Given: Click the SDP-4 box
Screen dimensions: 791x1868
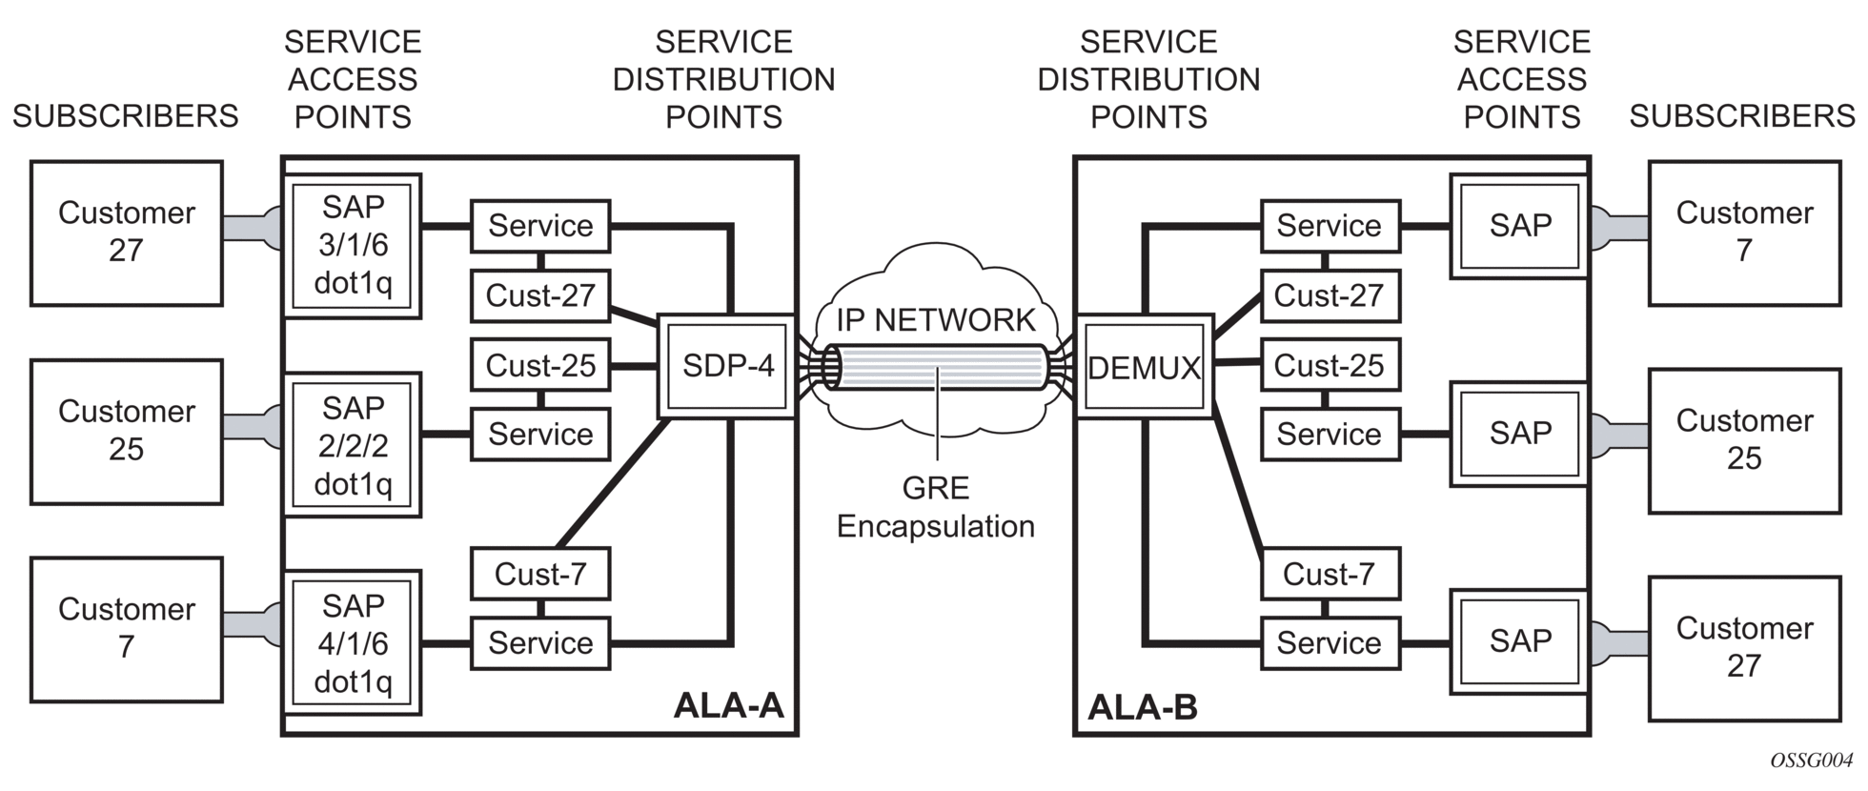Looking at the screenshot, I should click(x=727, y=367).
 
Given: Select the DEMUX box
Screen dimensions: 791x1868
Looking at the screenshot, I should click(x=1144, y=367).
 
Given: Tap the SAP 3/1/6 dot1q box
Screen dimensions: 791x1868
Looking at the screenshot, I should click(x=353, y=245).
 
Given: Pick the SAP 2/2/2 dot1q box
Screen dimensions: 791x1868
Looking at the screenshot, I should click(x=353, y=445).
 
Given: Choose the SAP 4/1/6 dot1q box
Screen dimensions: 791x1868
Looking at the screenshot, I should click(x=353, y=643).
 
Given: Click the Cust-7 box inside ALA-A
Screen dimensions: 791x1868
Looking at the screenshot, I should click(x=540, y=574).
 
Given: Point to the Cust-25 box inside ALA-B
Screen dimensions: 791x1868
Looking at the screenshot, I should click(x=1330, y=365).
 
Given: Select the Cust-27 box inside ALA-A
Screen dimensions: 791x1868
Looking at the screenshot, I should click(x=540, y=295).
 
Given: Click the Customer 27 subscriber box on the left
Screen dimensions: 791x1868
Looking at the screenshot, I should click(x=127, y=233).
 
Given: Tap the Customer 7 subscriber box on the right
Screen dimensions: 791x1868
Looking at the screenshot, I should click(x=1744, y=233).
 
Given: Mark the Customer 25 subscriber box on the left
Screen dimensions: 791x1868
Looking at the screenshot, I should click(x=127, y=431).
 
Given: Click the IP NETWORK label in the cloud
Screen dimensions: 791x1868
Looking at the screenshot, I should click(x=936, y=320).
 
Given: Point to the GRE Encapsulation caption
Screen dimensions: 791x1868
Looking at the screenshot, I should click(x=936, y=507).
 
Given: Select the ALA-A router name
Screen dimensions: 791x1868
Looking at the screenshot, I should click(x=728, y=705).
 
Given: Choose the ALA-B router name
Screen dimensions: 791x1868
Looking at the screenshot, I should click(x=1142, y=707).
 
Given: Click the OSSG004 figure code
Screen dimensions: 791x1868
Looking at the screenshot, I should click(x=1811, y=761).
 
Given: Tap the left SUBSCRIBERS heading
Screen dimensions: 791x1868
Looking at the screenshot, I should click(x=125, y=116).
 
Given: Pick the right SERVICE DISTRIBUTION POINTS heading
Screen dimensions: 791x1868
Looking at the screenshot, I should click(x=1148, y=79).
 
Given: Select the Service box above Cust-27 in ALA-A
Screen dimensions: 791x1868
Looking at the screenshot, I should click(x=540, y=226).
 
